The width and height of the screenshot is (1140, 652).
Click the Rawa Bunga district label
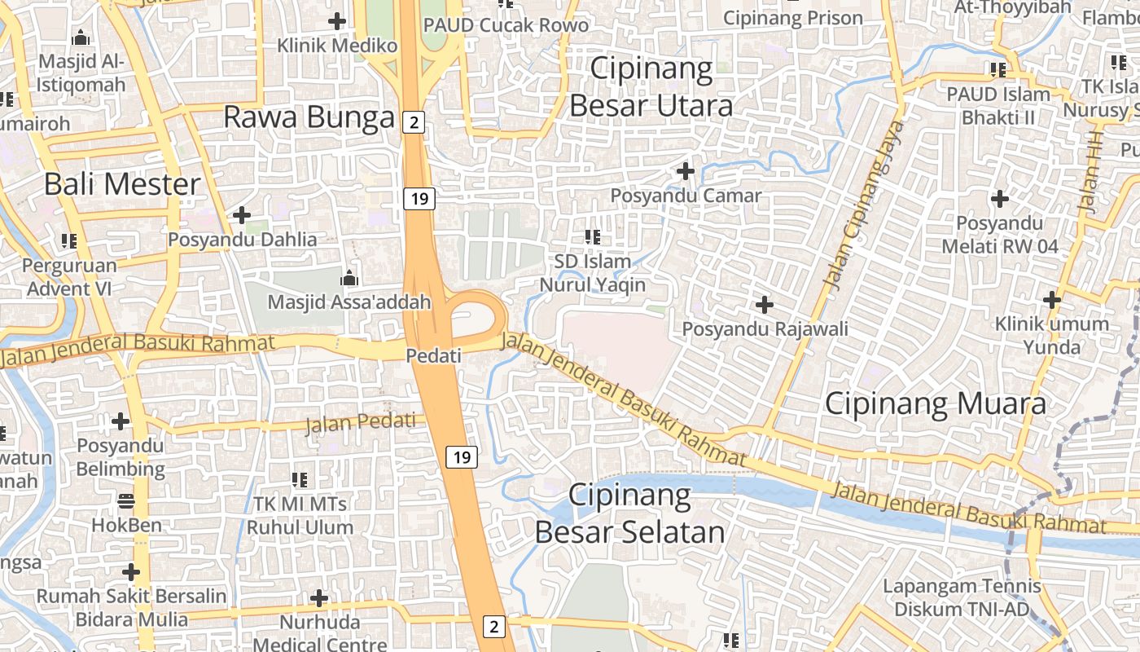309,117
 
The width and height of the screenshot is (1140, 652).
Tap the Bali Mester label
122,183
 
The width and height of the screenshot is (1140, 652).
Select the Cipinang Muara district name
936,403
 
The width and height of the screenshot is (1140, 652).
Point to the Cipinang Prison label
792,17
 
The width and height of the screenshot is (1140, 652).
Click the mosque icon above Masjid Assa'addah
350,278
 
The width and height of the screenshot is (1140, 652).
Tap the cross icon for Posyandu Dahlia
242,215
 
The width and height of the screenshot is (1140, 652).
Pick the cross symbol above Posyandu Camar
686,171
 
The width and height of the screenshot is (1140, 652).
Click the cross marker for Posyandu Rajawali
764,305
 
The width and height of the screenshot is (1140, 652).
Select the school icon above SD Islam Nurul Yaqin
593,237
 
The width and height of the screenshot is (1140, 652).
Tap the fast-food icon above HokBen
126,500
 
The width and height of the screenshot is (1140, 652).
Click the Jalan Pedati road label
361,423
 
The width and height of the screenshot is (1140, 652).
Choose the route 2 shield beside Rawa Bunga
414,122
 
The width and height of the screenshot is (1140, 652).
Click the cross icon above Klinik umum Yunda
1052,300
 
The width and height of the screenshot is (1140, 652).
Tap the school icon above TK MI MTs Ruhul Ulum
300,479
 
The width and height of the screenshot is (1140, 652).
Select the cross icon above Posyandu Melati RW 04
999,198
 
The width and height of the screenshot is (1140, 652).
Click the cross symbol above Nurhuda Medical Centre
319,598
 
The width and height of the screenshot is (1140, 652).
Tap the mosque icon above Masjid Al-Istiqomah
81,37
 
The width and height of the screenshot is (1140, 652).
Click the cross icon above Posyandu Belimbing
121,421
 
